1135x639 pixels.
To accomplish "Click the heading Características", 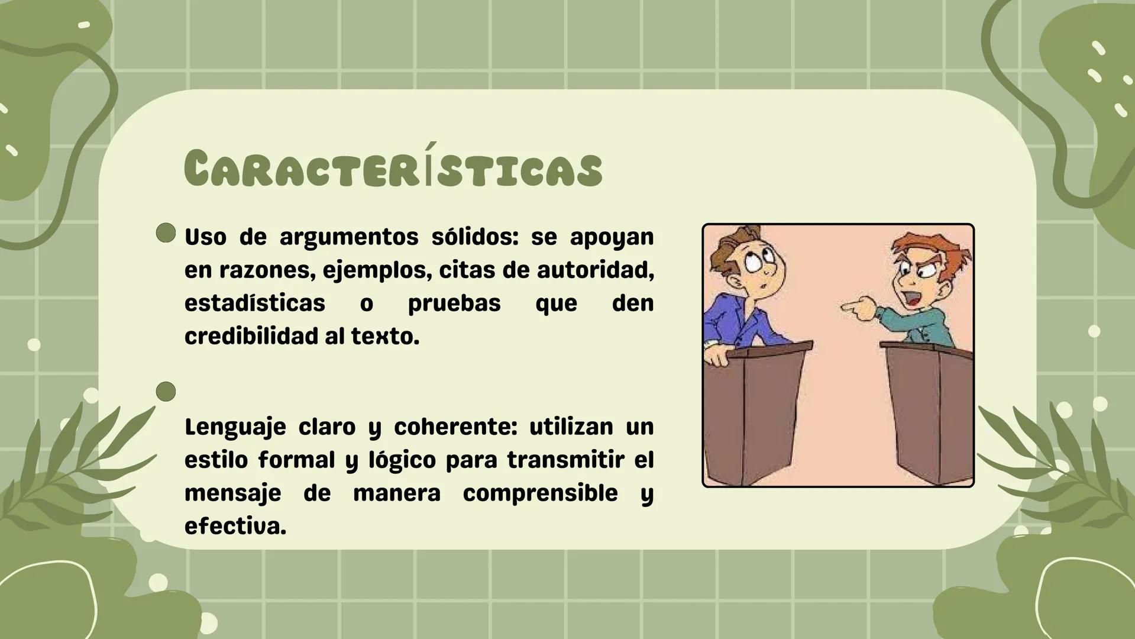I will pos(393,169).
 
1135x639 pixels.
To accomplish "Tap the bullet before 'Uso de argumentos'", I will pos(166,233).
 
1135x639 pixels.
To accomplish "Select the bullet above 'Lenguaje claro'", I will pos(166,392).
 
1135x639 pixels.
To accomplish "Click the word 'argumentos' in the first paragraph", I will pos(348,237).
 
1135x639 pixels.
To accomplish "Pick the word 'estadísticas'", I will pos(254,304).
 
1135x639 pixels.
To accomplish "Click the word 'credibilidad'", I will pos(251,337).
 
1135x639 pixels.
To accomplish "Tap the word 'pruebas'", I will pos(454,304).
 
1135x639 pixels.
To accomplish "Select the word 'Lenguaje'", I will pos(235,427).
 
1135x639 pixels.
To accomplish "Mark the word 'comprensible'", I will pos(540,493).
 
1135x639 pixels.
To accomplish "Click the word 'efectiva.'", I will pos(235,527).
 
